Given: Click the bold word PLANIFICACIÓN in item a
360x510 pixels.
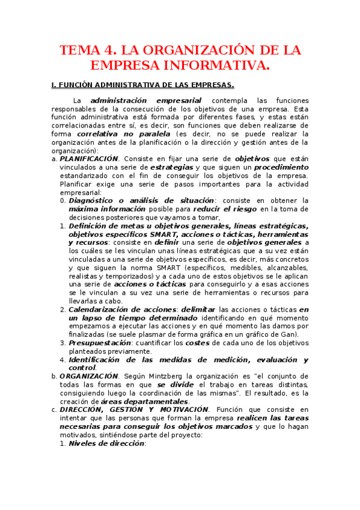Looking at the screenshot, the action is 89,158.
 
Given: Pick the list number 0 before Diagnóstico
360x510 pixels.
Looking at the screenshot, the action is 63,200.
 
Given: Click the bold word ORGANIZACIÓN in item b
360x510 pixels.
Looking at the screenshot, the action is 89,376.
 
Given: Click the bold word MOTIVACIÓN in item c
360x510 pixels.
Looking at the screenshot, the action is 182,410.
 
